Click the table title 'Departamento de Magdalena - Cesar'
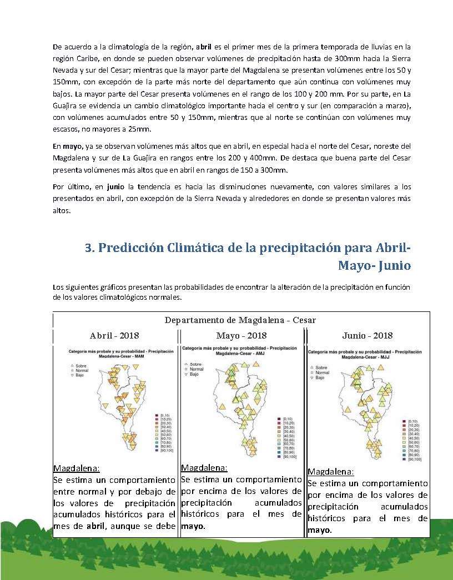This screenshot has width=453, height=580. pyautogui.click(x=240, y=320)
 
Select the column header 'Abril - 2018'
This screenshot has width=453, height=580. pyautogui.click(x=114, y=335)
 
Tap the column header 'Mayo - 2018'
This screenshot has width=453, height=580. pyautogui.click(x=241, y=335)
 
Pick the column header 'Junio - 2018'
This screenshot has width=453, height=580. pyautogui.click(x=368, y=335)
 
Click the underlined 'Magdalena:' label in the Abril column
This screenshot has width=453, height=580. pyautogui.click(x=76, y=467)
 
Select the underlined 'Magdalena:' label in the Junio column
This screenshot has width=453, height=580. pyautogui.click(x=330, y=472)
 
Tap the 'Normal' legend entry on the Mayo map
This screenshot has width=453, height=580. pyautogui.click(x=197, y=369)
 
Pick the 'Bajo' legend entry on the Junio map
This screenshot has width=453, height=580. pyautogui.click(x=319, y=377)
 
